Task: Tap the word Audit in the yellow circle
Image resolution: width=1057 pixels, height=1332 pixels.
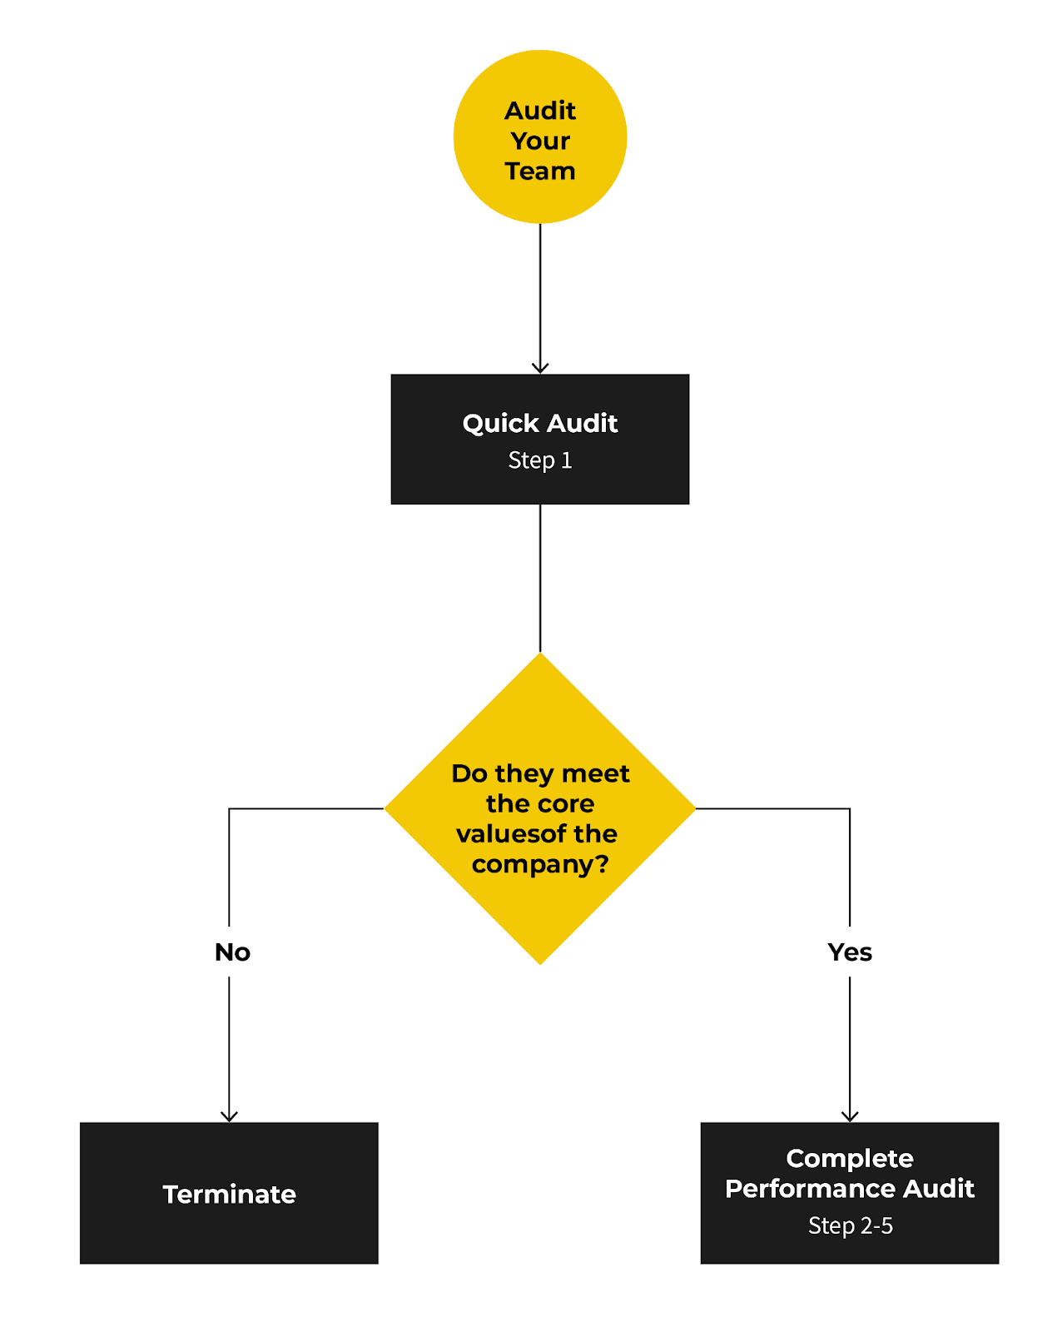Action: pos(539,111)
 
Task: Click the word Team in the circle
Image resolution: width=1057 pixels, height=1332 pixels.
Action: pos(539,171)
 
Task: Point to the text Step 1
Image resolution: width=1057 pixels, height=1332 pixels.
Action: pos(539,460)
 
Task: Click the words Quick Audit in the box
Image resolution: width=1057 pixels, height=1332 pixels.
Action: pos(539,423)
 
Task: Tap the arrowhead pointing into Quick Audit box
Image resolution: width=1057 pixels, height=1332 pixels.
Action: pos(540,367)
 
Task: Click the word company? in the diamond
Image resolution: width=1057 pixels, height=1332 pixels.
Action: pos(539,864)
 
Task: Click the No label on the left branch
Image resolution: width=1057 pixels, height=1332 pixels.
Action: pos(232,952)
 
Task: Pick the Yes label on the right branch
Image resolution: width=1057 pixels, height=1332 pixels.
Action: pos(850,952)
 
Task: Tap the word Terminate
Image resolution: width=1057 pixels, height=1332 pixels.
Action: pos(229,1194)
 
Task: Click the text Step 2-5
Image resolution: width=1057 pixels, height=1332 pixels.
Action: pos(850,1225)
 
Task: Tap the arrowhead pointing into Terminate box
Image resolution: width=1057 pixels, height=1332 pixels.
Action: pos(229,1116)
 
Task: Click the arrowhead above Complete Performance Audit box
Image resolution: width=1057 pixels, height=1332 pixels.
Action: pos(850,1116)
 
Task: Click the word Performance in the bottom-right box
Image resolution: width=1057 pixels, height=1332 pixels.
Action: pos(811,1188)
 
